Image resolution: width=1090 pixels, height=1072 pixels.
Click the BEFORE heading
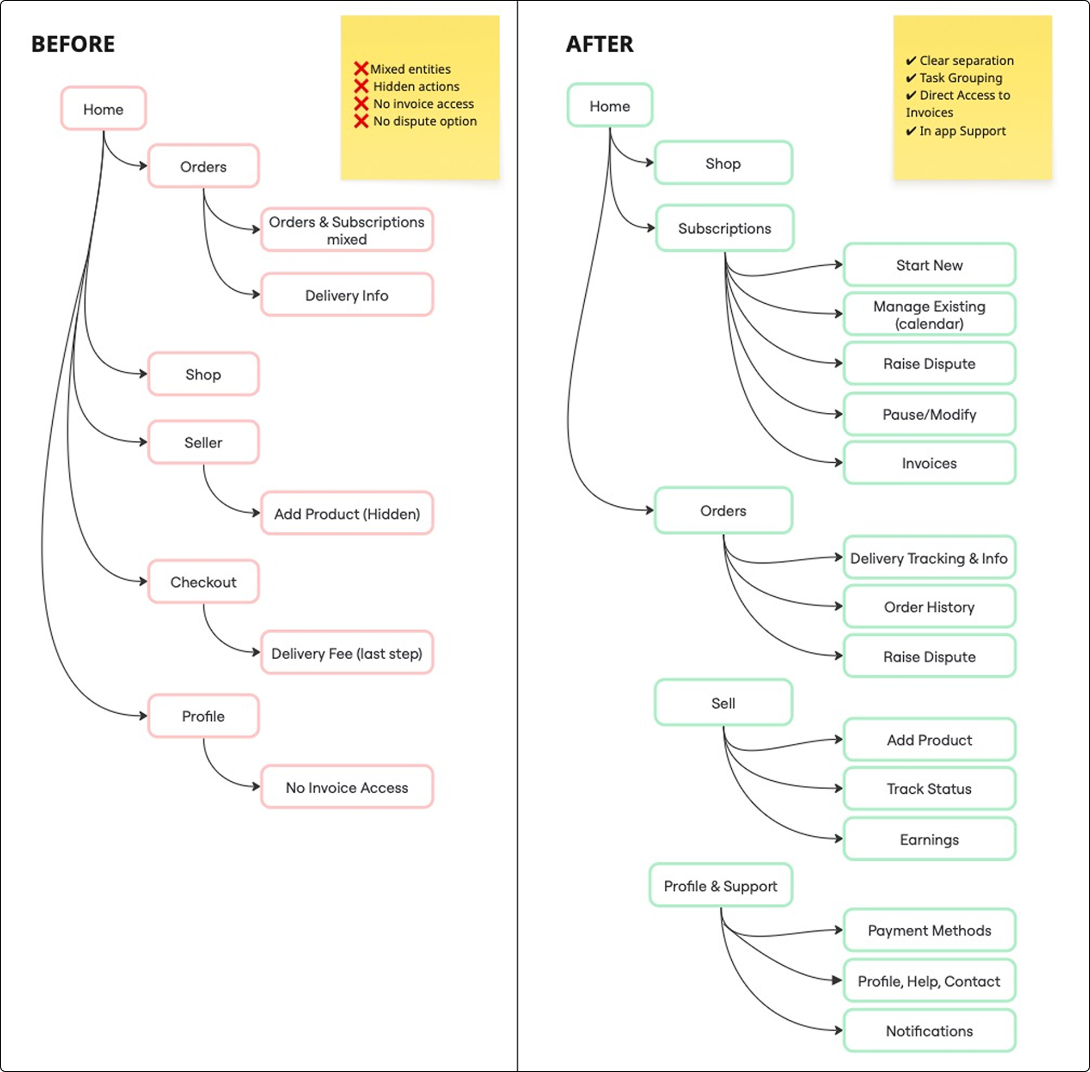pyautogui.click(x=73, y=44)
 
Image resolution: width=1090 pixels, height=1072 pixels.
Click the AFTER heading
pyautogui.click(x=599, y=44)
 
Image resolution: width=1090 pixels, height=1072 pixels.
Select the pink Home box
pyautogui.click(x=103, y=109)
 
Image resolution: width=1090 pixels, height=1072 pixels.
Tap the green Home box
pyautogui.click(x=610, y=106)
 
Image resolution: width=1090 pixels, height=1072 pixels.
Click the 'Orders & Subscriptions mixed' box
pyautogui.click(x=346, y=230)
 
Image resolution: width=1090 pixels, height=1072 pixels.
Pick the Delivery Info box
pyautogui.click(x=346, y=295)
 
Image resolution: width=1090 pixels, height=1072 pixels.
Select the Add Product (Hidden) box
pyautogui.click(x=346, y=514)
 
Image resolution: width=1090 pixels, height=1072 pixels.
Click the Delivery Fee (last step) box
pyautogui.click(x=346, y=654)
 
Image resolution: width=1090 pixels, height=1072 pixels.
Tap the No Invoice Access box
pyautogui.click(x=346, y=788)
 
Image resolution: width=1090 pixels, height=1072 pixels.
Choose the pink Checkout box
pyautogui.click(x=203, y=582)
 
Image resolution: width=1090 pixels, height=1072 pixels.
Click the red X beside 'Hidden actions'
pyautogui.click(x=361, y=86)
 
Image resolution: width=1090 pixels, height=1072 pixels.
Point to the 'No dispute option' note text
pyautogui.click(x=425, y=121)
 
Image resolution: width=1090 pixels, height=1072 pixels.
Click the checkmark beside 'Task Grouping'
pyautogui.click(x=911, y=78)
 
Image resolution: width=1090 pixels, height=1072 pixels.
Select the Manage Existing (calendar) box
pyautogui.click(x=929, y=315)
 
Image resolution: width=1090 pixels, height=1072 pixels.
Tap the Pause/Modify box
pyautogui.click(x=929, y=414)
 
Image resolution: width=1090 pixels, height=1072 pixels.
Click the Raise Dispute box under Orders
pyautogui.click(x=929, y=657)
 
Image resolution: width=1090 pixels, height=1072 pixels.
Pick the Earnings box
pyautogui.click(x=929, y=839)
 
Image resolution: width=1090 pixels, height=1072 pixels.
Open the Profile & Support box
pyautogui.click(x=720, y=886)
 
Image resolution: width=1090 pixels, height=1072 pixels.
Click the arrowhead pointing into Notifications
pyautogui.click(x=839, y=1030)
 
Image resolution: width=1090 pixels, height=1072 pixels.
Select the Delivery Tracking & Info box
pyautogui.click(x=929, y=558)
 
